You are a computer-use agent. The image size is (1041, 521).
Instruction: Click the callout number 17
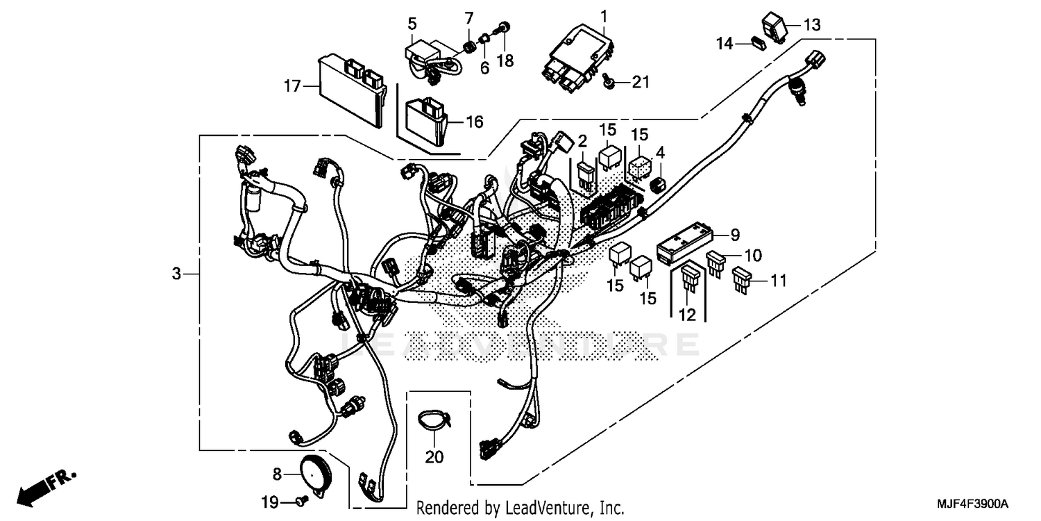292,87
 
